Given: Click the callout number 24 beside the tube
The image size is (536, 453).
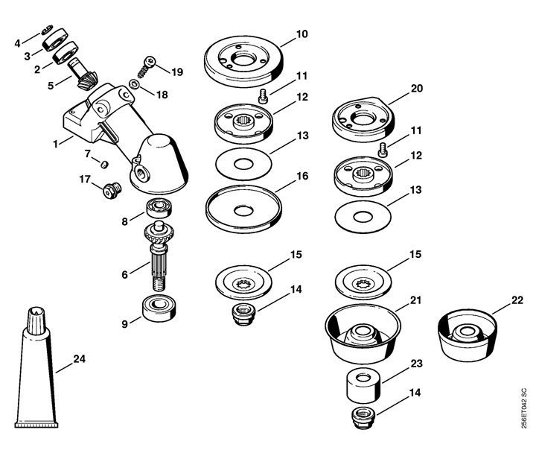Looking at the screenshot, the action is (x=80, y=359).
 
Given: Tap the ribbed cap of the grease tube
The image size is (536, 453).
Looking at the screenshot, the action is (x=36, y=320).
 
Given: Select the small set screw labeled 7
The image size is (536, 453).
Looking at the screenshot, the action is (x=105, y=164).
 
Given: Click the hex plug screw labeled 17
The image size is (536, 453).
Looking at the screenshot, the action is (x=112, y=191).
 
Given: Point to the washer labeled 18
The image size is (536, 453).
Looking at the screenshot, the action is (x=134, y=84).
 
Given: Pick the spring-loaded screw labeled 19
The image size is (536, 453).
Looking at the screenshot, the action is (x=147, y=67).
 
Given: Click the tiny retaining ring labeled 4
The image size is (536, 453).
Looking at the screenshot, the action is (x=47, y=30).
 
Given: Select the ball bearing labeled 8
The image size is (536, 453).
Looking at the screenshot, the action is (x=159, y=209).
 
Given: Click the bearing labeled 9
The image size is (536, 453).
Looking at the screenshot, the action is (x=159, y=308).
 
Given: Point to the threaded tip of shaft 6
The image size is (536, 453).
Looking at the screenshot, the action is (x=159, y=285).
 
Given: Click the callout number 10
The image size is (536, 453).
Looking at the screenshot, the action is (x=301, y=34).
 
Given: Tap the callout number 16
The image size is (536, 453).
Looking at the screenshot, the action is (x=302, y=176).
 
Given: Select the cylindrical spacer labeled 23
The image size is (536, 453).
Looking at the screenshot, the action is (x=363, y=386).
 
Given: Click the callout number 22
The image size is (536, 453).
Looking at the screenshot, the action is (x=517, y=300).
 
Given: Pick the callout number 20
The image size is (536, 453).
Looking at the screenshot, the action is (x=416, y=88).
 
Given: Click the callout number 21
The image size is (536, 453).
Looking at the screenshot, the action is (x=415, y=300).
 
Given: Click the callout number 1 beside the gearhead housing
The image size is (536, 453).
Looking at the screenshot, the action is (x=55, y=144).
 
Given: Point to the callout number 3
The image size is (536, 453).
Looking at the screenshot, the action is (x=27, y=56).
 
